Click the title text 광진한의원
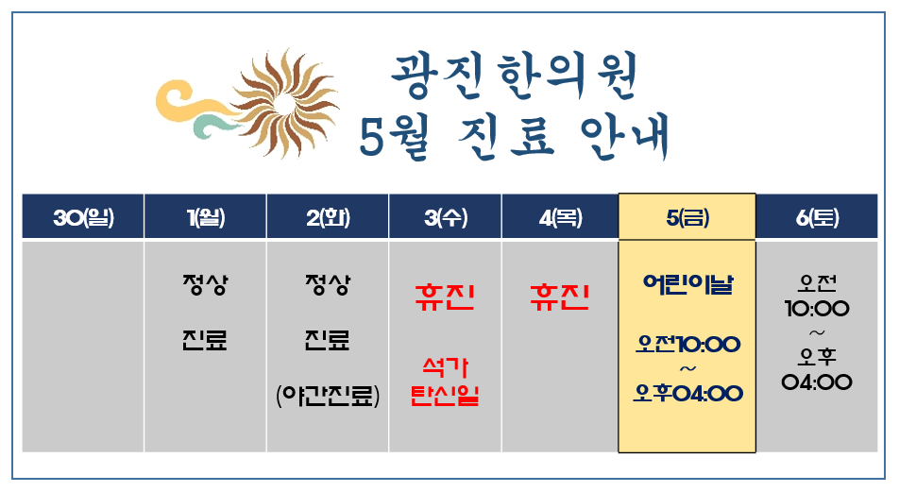click(x=515, y=76)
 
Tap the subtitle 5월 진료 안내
click(x=515, y=137)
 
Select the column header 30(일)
click(x=83, y=217)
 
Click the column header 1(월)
click(x=205, y=217)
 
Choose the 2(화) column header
click(x=328, y=217)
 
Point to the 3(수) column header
click(x=446, y=217)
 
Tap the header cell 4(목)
click(x=560, y=217)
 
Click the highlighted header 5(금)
click(x=687, y=217)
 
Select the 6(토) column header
click(x=817, y=217)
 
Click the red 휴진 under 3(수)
click(x=445, y=297)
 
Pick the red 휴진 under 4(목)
click(x=560, y=297)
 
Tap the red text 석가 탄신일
click(x=445, y=382)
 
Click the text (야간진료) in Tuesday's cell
click(x=328, y=395)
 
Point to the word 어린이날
click(x=687, y=283)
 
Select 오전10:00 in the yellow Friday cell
click(x=687, y=344)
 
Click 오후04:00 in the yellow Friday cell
click(x=687, y=394)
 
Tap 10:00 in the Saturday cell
click(x=817, y=309)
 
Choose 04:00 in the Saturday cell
click(x=817, y=382)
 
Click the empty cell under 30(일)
click(x=83, y=347)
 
